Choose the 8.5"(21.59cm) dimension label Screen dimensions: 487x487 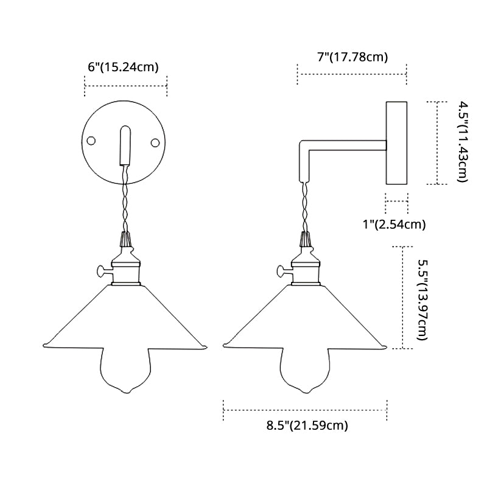[x=307, y=426]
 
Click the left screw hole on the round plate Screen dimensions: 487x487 [x=92, y=141]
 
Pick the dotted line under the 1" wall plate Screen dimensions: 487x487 [x=396, y=201]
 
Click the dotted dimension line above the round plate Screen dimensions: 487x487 [x=125, y=86]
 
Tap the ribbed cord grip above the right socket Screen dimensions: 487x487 [x=304, y=239]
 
